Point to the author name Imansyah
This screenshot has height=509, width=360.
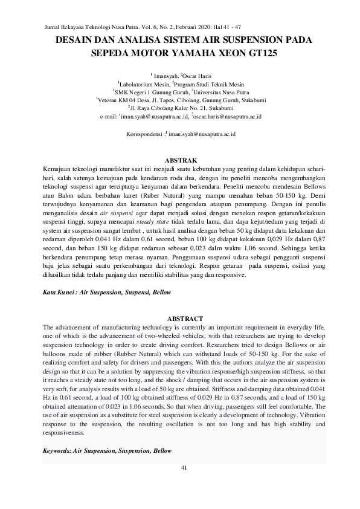(x=166, y=76)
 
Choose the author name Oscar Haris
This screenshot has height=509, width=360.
(x=195, y=76)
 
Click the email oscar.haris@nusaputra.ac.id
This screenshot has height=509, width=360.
(x=227, y=115)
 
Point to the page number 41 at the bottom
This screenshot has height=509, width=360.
(x=185, y=468)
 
